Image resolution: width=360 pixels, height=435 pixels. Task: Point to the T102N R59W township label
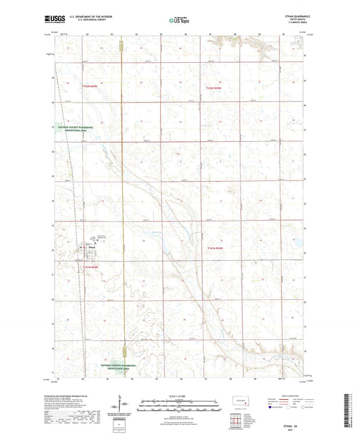[x=213, y=88]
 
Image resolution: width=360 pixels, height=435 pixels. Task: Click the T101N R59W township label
[x=214, y=248]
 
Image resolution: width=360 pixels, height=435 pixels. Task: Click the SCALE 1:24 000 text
[x=179, y=394]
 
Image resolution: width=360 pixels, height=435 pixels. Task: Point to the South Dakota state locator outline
[x=239, y=401]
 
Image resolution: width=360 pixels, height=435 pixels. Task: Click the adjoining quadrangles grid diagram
[x=238, y=421]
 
